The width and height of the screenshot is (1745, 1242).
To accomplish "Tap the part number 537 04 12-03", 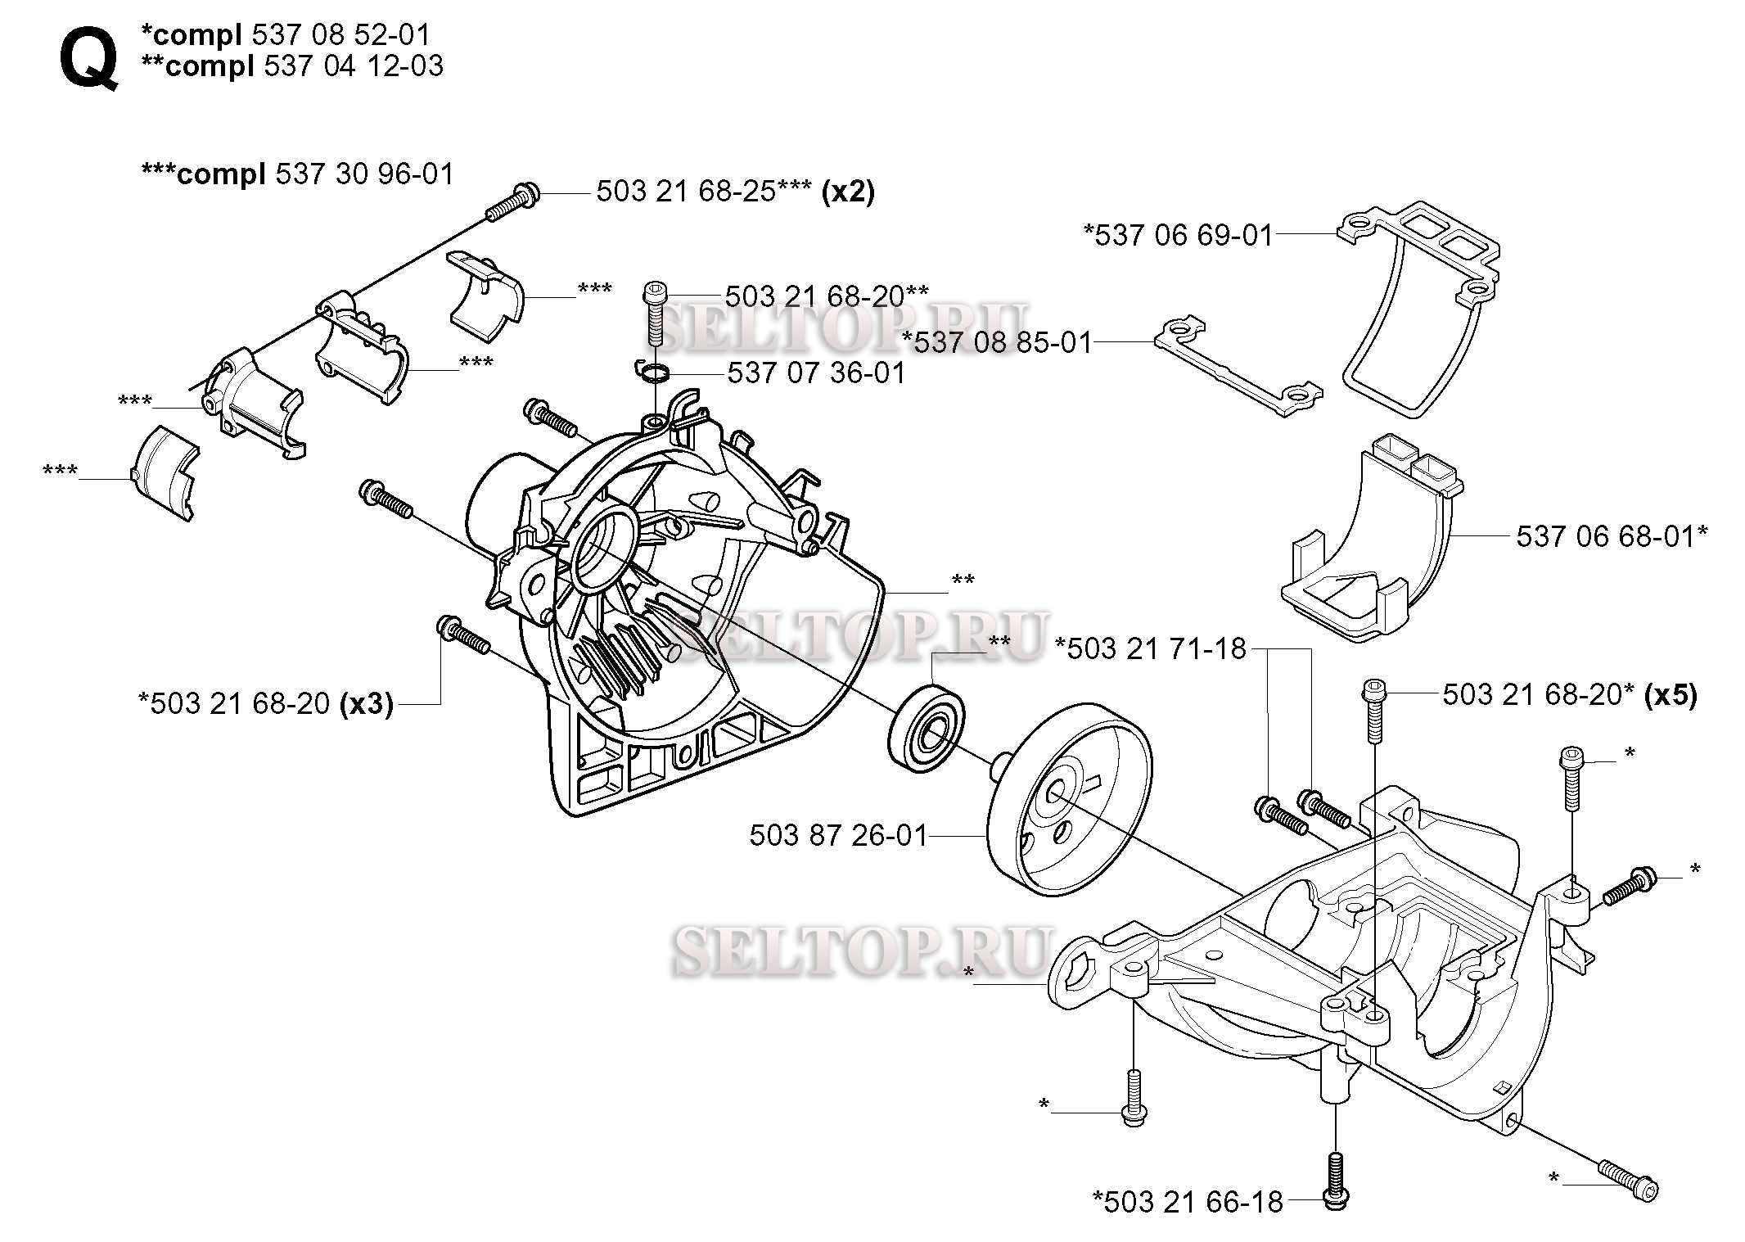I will click(x=353, y=65).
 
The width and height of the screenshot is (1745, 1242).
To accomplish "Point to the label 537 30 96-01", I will click(x=364, y=174).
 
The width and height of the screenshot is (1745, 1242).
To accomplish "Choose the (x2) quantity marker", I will click(x=848, y=192).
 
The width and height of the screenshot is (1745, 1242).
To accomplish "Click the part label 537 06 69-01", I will click(x=1179, y=235).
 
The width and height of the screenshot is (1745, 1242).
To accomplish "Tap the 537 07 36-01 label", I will click(x=816, y=373).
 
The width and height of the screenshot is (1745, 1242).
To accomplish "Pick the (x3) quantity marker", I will click(x=366, y=703).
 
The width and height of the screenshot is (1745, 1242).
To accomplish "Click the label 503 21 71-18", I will click(x=1150, y=648).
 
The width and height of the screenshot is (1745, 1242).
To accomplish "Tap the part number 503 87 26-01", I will click(x=838, y=835).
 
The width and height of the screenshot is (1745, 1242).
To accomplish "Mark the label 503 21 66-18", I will click(x=1188, y=1202).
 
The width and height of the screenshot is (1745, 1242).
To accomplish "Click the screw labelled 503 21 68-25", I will click(x=511, y=204).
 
